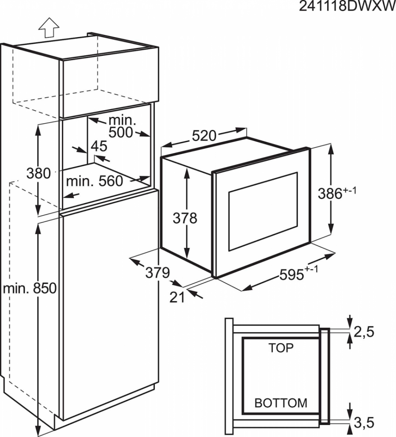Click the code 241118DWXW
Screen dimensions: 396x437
[347, 6]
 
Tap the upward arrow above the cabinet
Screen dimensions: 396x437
[49, 27]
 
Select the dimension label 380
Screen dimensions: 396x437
[39, 173]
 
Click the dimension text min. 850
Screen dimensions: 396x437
[30, 288]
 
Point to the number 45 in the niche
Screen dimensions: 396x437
[99, 146]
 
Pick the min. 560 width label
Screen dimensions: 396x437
[94, 182]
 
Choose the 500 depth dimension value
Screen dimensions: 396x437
[121, 132]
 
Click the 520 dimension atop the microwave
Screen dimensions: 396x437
[204, 136]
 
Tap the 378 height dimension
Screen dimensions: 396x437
[185, 218]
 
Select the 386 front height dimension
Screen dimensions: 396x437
[337, 193]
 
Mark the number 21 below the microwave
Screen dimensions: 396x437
[177, 297]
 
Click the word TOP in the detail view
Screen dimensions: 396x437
[281, 348]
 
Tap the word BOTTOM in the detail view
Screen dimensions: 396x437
[281, 403]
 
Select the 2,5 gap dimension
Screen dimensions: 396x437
[364, 332]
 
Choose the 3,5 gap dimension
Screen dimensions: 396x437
[364, 423]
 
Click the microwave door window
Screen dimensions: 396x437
[263, 212]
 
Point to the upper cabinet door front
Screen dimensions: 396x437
[111, 82]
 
